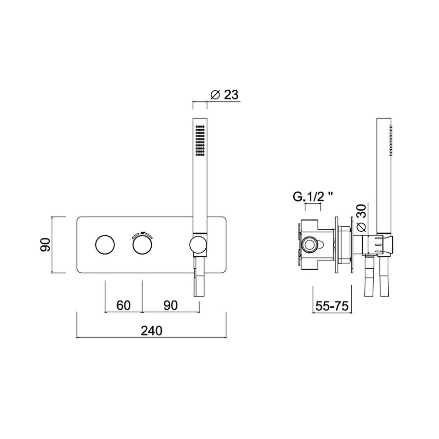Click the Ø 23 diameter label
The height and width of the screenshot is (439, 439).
pos(224,94)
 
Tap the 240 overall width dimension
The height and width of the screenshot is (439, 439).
pos(151,330)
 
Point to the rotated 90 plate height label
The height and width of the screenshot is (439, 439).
pos(45,244)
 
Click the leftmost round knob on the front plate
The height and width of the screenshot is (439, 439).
pos(105,244)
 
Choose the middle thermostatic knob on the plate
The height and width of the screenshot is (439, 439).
pos(142,244)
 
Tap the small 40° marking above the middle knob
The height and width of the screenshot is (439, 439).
pos(142,233)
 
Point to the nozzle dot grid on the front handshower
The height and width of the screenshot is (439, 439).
pos(200,140)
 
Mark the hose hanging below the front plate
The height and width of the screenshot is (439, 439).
pos(200,278)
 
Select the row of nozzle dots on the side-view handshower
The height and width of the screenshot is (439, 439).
pos(391,140)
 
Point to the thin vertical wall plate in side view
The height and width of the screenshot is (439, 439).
pos(337,244)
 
